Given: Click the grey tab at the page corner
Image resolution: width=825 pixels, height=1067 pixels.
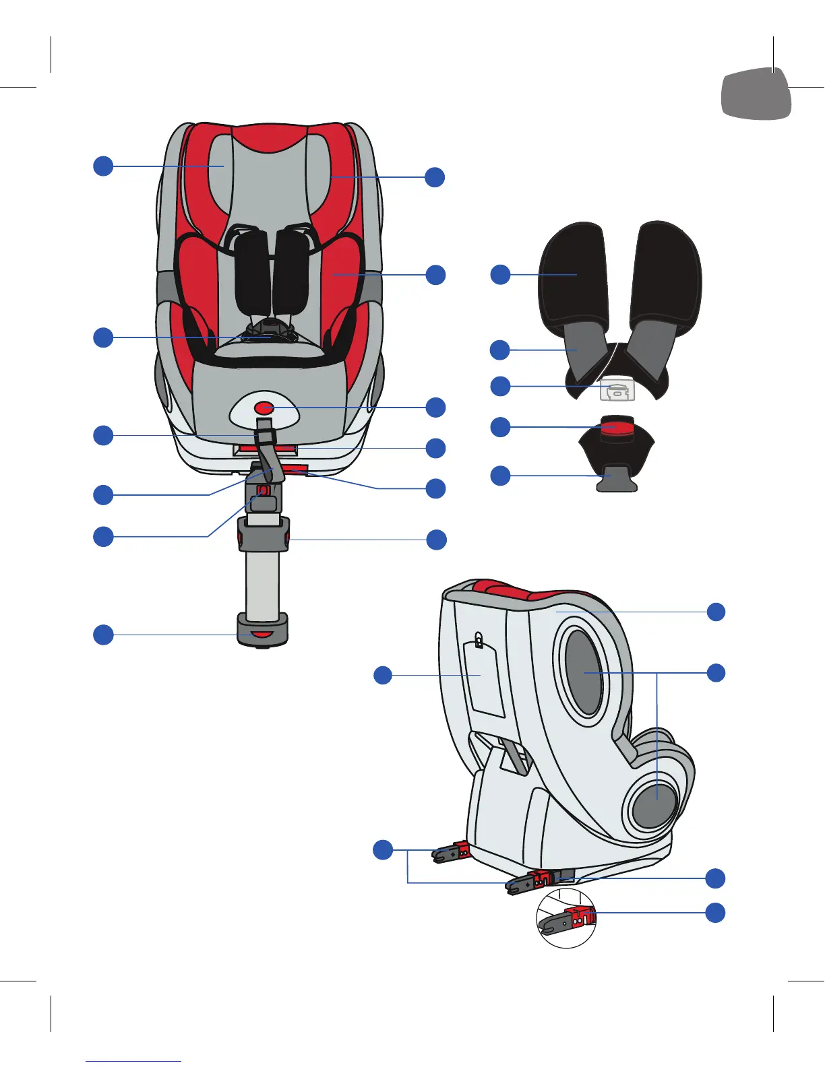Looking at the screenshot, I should click(756, 94).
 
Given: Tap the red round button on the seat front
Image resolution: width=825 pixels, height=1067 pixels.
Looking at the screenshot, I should click(264, 408).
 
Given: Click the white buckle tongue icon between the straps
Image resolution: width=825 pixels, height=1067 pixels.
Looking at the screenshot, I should click(617, 390).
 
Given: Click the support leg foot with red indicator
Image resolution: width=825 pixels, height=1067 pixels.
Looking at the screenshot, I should click(262, 630).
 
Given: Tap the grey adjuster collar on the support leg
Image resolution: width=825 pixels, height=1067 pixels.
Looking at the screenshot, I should click(263, 535).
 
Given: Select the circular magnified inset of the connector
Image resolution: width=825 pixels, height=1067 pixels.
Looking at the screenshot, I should click(566, 917).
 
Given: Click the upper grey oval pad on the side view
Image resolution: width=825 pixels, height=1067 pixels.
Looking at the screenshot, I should click(584, 673).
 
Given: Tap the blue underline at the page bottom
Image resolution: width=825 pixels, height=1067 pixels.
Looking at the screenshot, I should click(133, 1061).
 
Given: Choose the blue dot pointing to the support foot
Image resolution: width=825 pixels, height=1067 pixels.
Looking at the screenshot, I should click(103, 635).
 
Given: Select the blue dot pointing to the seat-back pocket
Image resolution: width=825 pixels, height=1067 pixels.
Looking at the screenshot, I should click(383, 675).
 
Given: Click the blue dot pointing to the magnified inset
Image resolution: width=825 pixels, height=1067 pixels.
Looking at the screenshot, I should click(715, 913).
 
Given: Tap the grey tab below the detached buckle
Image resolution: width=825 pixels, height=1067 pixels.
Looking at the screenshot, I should click(616, 478).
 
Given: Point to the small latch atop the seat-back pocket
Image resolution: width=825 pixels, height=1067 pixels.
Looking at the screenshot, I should click(479, 638).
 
